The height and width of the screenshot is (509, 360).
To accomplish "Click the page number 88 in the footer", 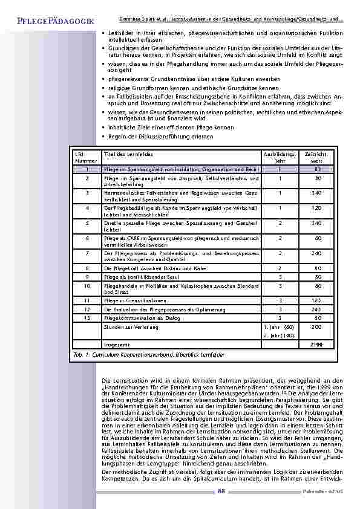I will tap(221, 491).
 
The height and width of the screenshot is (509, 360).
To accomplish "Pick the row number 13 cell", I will tap(88, 317).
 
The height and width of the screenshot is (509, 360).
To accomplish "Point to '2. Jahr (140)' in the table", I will tap(279, 335).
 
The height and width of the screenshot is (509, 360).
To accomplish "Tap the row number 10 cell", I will tap(88, 285).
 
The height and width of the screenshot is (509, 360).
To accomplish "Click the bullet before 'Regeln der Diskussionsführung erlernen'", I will tap(104, 136).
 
